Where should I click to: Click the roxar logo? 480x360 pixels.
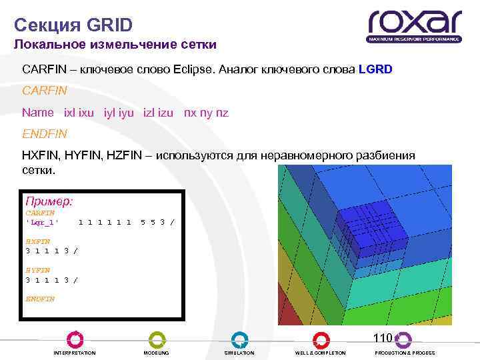pyautogui.click(x=414, y=26)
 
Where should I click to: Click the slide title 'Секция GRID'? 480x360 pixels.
pyautogui.click(x=73, y=25)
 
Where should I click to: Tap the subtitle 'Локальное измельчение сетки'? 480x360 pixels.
pyautogui.click(x=115, y=45)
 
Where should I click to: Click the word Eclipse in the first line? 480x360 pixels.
pyautogui.click(x=191, y=69)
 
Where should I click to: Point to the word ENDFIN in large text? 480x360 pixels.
pyautogui.click(x=45, y=133)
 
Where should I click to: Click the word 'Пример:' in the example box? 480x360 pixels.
pyautogui.click(x=49, y=200)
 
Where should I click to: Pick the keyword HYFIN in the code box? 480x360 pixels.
pyautogui.click(x=37, y=271)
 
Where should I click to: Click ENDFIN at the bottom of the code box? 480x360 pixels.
pyautogui.click(x=40, y=299)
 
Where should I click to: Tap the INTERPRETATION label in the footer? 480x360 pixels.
pyautogui.click(x=75, y=353)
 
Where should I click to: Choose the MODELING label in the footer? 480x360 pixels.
pyautogui.click(x=157, y=353)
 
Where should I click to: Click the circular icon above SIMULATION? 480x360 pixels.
pyautogui.click(x=239, y=339)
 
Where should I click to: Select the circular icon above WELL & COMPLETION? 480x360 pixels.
pyautogui.click(x=321, y=339)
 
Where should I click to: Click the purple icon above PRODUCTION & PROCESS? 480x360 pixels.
pyautogui.click(x=403, y=339)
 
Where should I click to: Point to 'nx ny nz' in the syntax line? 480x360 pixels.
pyautogui.click(x=206, y=113)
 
